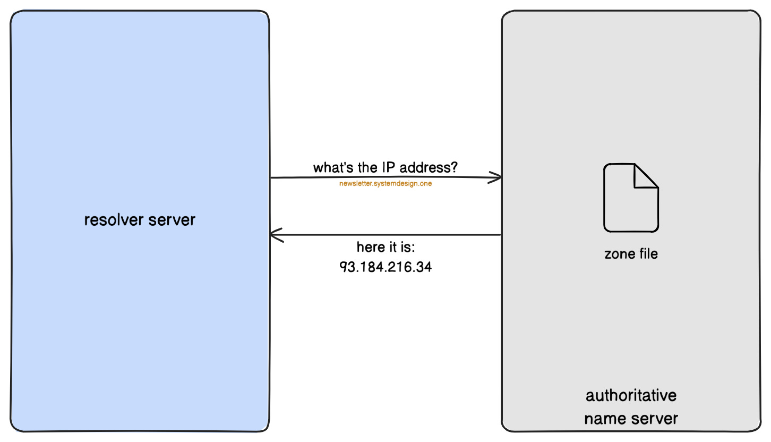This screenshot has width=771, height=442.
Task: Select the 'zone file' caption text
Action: [631, 254]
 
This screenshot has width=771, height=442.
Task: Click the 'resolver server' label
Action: [140, 219]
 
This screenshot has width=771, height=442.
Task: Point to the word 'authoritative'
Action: [631, 396]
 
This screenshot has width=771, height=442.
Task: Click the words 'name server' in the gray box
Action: [631, 419]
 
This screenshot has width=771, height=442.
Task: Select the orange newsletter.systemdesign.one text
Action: [385, 184]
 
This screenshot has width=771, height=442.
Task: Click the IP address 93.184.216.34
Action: [385, 267]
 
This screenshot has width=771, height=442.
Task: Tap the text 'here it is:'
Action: [385, 248]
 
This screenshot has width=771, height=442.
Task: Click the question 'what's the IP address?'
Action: [385, 168]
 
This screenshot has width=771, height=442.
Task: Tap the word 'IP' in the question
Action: [388, 168]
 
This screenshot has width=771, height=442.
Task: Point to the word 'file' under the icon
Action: [648, 254]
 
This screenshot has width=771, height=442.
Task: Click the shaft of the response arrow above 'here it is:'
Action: [385, 235]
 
